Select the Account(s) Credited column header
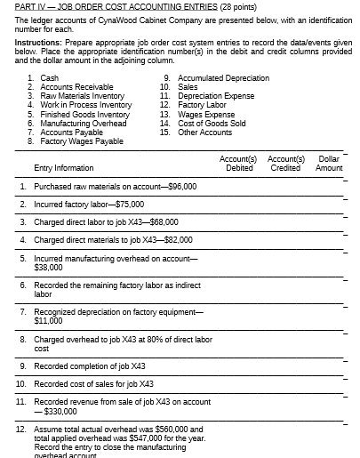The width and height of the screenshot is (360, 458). (x=285, y=163)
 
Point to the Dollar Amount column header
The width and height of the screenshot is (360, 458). (x=329, y=163)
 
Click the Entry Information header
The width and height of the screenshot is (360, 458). (x=63, y=167)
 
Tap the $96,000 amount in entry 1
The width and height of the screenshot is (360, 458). (x=180, y=187)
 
